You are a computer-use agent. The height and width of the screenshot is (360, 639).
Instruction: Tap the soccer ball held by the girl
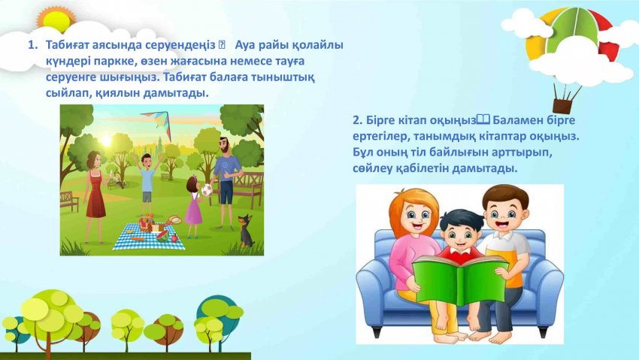click(207, 190)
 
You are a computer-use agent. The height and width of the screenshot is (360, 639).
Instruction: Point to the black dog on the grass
click(246, 231)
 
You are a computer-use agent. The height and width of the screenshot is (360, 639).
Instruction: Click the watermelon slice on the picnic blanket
click(162, 235)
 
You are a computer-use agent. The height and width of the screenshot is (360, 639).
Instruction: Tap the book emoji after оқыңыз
click(483, 119)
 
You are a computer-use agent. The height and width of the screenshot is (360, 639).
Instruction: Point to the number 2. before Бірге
click(357, 120)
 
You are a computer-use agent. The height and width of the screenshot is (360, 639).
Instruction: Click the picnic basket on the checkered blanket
click(146, 224)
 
